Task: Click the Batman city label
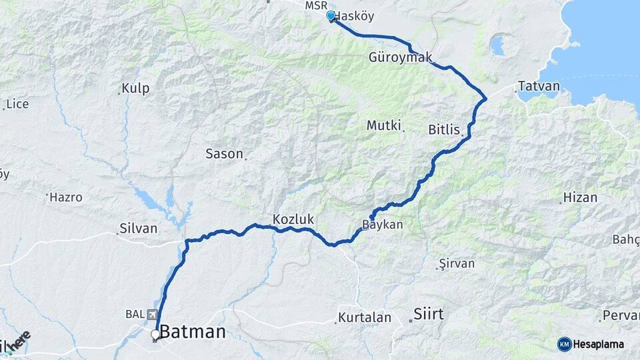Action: coord(192,332)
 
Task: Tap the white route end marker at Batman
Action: coord(155,335)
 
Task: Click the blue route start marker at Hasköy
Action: coord(331,16)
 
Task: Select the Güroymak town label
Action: coord(396,58)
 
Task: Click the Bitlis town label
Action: coord(445,129)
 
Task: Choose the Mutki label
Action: coord(383,125)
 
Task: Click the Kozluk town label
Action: coord(293,219)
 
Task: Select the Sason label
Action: coord(224,153)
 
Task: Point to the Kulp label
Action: coord(135,88)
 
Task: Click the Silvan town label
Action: coord(138,228)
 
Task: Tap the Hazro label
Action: coord(67,197)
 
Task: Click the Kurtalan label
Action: coord(364,317)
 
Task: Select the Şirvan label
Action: coord(457,263)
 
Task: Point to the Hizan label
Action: coord(580,197)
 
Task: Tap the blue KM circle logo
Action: coord(564,343)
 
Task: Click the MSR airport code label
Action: coord(316,5)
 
